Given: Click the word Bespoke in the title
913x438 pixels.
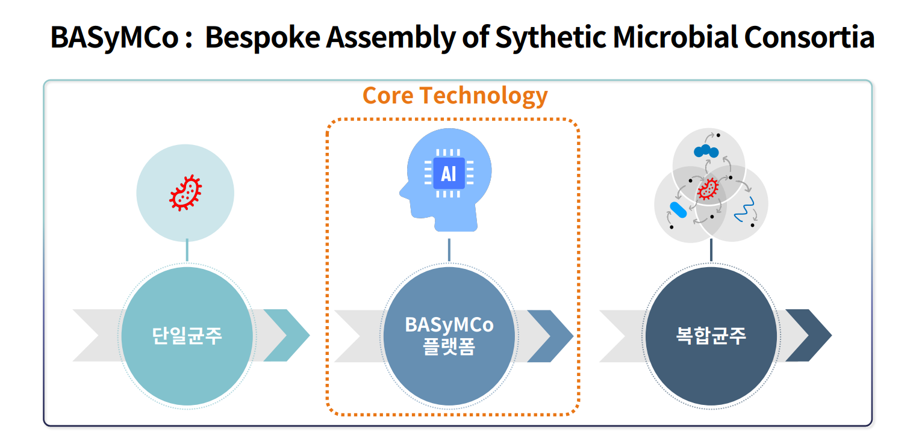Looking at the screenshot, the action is pyautogui.click(x=263, y=37).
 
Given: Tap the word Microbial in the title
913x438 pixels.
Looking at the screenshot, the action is pyautogui.click(x=675, y=37).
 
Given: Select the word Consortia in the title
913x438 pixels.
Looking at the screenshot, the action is pyautogui.click(x=809, y=37).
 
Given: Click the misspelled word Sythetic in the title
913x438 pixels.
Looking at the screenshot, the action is pyautogui.click(x=550, y=37).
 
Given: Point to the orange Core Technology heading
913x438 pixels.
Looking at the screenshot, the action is pyautogui.click(x=455, y=96).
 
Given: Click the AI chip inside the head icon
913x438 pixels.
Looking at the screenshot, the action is pyautogui.click(x=448, y=173).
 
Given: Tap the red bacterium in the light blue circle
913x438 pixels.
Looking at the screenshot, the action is pyautogui.click(x=185, y=193).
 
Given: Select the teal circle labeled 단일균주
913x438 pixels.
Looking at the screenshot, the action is pyautogui.click(x=187, y=336).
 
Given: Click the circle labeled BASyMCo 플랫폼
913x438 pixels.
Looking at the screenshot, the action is pyautogui.click(x=449, y=336).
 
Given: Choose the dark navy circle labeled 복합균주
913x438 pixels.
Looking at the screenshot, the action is pyautogui.click(x=711, y=336).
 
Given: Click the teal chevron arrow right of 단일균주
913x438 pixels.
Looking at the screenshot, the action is pyautogui.click(x=287, y=336).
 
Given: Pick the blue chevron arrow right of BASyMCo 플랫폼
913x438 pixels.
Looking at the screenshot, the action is pyautogui.click(x=551, y=336).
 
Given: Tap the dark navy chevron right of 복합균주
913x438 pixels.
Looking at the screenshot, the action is pyautogui.click(x=809, y=336).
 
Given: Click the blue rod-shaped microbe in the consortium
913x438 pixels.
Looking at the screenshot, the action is pyautogui.click(x=678, y=209).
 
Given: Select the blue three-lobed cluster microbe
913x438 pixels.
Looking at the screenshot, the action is pyautogui.click(x=706, y=152).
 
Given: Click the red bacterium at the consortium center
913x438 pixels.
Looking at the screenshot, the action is pyautogui.click(x=708, y=189).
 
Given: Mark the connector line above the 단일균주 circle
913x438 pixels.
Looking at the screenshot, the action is pyautogui.click(x=187, y=250).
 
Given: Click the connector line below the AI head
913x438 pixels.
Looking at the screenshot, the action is pyautogui.click(x=449, y=250).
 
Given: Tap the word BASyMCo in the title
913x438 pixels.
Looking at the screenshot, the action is pyautogui.click(x=114, y=37).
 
